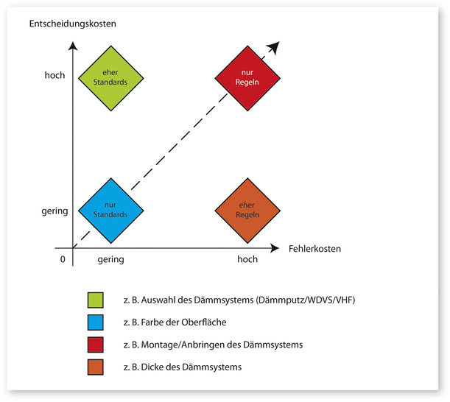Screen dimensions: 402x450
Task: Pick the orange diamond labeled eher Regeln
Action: (247, 210)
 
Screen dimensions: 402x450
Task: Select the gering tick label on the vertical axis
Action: (55, 211)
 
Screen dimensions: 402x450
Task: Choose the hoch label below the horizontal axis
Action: (247, 260)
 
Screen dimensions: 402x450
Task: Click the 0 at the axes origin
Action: (63, 259)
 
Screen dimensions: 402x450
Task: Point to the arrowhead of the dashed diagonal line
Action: (274, 46)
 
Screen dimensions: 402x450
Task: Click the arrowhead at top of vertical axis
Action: (72, 47)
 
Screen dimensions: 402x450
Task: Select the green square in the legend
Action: (96, 300)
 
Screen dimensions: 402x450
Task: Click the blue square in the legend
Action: (96, 322)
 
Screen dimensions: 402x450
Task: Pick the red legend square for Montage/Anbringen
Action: (96, 345)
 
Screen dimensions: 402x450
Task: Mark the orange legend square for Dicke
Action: (96, 367)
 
